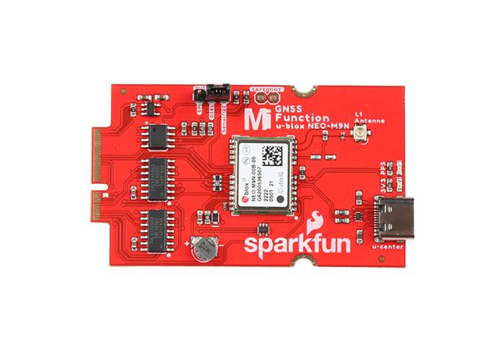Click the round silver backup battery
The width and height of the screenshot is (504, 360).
point(204,247)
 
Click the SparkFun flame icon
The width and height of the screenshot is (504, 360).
point(315,222)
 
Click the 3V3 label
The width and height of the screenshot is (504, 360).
point(381,186)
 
